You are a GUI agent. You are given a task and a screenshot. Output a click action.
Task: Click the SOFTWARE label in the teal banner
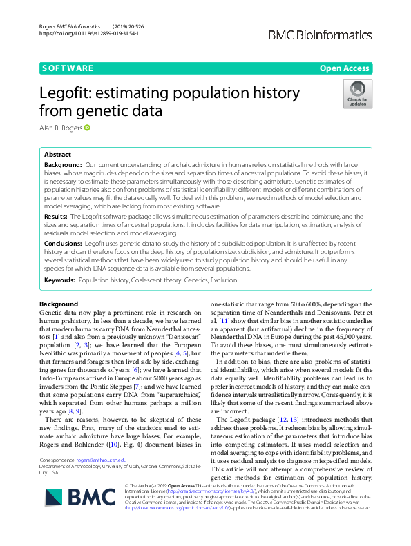pyautogui.click(x=68, y=68)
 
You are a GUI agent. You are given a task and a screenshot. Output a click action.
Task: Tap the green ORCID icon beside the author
pyautogui.click(x=88, y=127)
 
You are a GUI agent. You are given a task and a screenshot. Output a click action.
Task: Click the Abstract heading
pyautogui.click(x=57, y=155)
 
